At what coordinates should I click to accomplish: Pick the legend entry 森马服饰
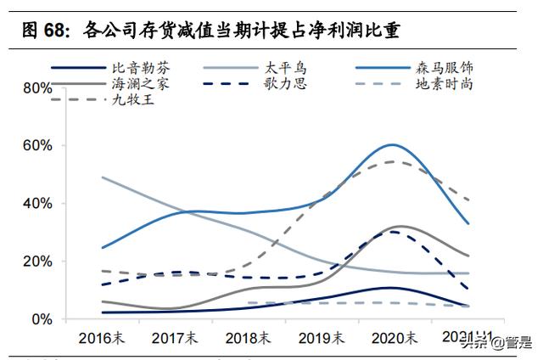click(x=441, y=67)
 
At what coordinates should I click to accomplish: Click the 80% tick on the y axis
click(x=37, y=88)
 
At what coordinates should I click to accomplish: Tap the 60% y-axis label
click(x=37, y=146)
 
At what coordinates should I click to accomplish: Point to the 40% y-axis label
click(x=37, y=204)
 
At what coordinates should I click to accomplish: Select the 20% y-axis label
click(x=37, y=262)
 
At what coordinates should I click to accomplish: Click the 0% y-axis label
click(x=42, y=319)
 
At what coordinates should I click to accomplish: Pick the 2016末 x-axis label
click(x=101, y=338)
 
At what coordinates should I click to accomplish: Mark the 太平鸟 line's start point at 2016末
click(x=102, y=177)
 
